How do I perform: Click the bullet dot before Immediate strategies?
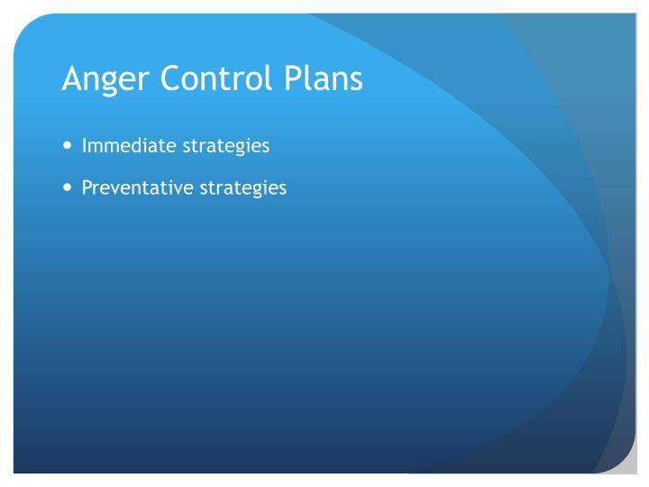[x=69, y=146]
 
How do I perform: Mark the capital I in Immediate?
[x=85, y=145]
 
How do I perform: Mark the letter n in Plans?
[x=340, y=82]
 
